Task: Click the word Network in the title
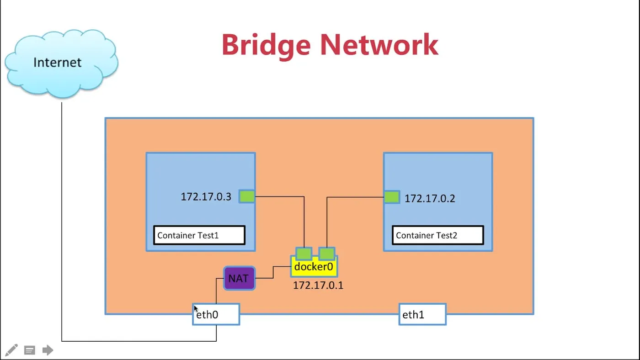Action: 379,45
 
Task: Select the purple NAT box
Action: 239,278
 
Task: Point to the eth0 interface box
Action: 216,314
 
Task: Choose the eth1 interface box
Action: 422,314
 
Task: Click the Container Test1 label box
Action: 199,235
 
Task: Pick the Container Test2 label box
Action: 437,235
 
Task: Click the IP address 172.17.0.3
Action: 206,197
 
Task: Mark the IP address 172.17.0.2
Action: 430,199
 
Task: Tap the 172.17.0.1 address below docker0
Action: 318,286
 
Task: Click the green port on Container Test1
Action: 247,196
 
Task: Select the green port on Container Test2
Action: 392,197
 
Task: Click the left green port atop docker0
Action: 304,254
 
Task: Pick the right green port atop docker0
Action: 327,254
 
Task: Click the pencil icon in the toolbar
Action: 11,350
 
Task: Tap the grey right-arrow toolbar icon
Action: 48,350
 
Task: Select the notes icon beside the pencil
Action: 30,350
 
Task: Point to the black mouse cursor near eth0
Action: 196,309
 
